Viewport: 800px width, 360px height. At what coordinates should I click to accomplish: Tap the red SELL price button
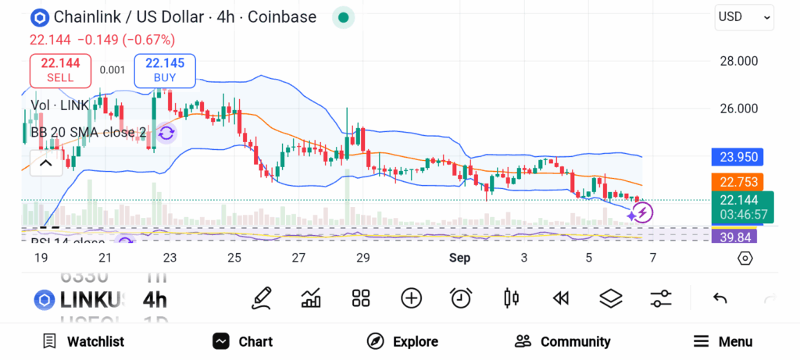[x=60, y=70]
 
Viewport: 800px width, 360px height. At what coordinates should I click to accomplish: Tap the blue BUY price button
[x=164, y=70]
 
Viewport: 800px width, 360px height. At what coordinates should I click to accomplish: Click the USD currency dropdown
[x=744, y=16]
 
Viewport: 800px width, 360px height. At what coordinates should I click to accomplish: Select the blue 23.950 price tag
[x=737, y=157]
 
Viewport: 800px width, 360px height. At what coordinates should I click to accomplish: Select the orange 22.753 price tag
[x=737, y=182]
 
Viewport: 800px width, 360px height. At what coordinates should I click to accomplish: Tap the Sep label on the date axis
[x=459, y=258]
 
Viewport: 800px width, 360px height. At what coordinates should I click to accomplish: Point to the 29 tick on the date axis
[x=362, y=258]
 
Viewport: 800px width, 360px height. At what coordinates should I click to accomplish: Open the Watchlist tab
[x=84, y=341]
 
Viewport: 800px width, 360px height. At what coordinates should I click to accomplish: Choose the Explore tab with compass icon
[x=402, y=341]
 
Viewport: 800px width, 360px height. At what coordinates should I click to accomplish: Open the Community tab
[x=562, y=341]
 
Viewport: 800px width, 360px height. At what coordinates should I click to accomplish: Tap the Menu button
[x=723, y=341]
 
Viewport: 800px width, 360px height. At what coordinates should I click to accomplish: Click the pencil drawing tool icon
[x=262, y=298]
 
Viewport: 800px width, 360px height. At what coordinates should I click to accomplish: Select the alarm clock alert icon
[x=461, y=298]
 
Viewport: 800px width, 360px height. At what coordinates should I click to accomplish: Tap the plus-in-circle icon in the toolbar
[x=411, y=298]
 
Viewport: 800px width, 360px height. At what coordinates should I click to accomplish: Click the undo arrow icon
[x=720, y=298]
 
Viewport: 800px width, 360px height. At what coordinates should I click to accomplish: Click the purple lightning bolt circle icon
[x=642, y=212]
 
